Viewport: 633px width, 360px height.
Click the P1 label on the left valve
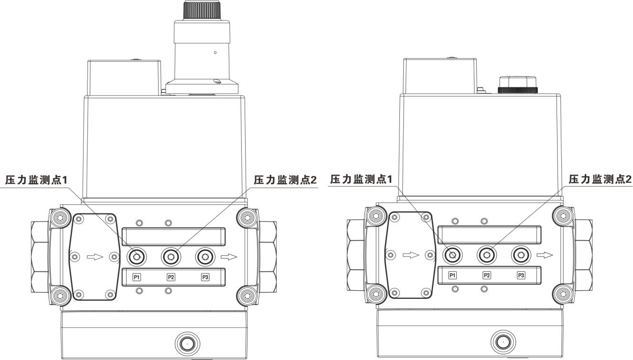(137, 277)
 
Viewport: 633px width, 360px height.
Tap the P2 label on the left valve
(171, 277)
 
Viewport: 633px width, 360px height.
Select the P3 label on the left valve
(205, 277)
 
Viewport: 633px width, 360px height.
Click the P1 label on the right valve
(452, 275)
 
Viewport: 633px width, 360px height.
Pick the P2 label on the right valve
(487, 275)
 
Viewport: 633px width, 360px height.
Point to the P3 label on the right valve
(521, 275)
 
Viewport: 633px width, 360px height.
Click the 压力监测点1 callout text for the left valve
(36, 180)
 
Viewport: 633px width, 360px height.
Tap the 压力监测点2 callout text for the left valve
(285, 180)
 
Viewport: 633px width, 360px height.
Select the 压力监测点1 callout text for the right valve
(361, 179)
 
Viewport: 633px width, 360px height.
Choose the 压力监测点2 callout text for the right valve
(600, 179)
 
